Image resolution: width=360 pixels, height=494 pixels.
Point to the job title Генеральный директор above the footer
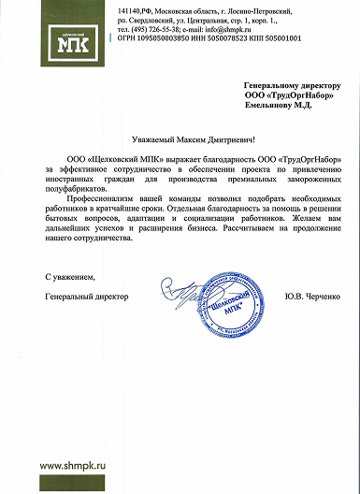(x=87, y=297)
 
